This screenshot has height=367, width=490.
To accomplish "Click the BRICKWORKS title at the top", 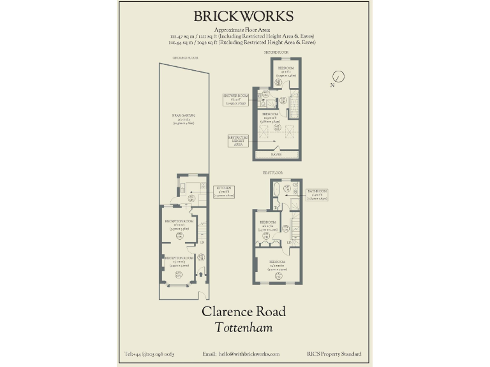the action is (x=244, y=16).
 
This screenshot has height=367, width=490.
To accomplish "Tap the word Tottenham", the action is (x=244, y=328).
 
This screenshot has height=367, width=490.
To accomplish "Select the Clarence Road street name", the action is (x=244, y=312).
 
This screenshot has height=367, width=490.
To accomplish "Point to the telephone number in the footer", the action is (x=149, y=354).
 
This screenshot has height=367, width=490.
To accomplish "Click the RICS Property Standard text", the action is (x=334, y=354).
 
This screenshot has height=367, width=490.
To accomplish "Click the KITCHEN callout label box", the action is (x=225, y=191).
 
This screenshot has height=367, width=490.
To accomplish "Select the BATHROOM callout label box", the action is (x=317, y=194).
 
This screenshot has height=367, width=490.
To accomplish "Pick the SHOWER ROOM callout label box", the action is (x=234, y=99).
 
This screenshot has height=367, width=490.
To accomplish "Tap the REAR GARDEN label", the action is (x=184, y=117).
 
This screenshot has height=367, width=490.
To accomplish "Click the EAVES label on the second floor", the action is (x=277, y=154).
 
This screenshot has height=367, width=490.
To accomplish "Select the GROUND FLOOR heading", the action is (x=185, y=57).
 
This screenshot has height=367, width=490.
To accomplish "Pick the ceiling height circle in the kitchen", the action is (x=192, y=198).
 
